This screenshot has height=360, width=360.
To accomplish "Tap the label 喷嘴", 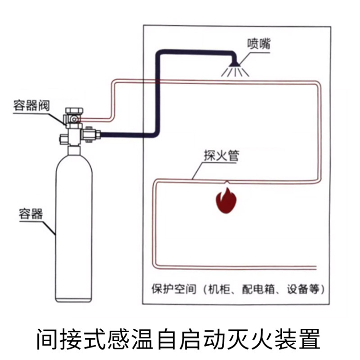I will [x=259, y=44].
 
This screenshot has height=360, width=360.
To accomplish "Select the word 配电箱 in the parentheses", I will [x=256, y=289].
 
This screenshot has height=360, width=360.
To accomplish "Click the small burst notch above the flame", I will [x=226, y=182].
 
